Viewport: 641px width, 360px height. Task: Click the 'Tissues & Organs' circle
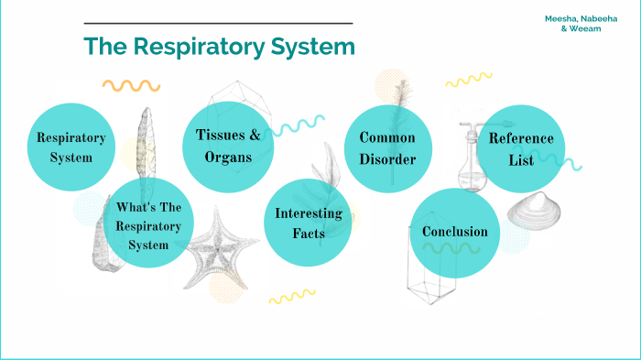[228, 147]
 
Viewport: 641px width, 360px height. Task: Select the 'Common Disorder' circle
[387, 148]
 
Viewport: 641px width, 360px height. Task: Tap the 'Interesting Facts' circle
[309, 224]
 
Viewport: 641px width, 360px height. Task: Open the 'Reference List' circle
[520, 149]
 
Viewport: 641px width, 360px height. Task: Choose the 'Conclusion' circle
[454, 231]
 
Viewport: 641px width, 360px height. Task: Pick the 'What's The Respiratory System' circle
[148, 225]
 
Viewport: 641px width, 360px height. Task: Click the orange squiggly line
[131, 85]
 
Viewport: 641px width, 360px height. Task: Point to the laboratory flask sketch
[470, 159]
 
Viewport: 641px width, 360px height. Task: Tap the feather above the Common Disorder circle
[399, 97]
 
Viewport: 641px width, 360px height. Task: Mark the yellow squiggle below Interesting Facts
[291, 297]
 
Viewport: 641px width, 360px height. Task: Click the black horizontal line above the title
[218, 23]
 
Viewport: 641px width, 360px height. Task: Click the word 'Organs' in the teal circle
[228, 157]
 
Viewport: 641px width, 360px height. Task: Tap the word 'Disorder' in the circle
[387, 159]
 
